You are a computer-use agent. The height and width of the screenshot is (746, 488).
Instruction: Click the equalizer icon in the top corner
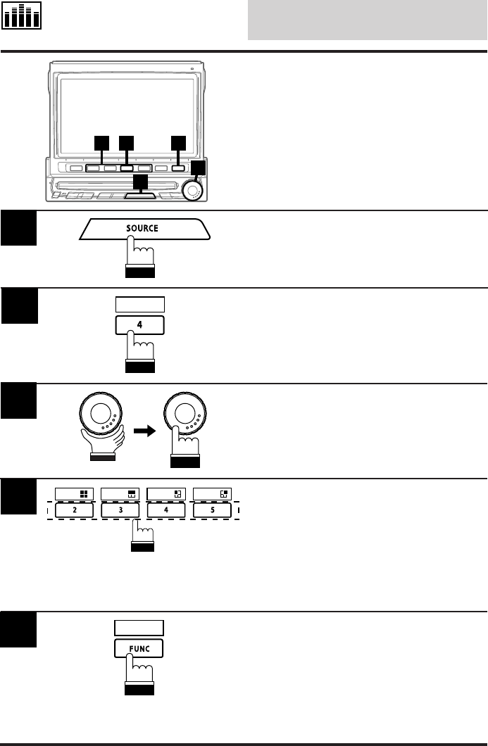(x=21, y=16)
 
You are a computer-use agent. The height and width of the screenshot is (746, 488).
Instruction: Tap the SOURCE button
(x=143, y=229)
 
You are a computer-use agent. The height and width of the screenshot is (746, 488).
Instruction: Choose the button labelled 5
(x=212, y=509)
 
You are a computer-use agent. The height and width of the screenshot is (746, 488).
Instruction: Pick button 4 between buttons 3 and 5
(x=165, y=509)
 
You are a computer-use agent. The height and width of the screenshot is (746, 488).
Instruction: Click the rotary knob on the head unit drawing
(x=191, y=190)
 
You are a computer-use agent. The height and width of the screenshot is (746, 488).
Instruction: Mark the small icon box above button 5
(x=212, y=493)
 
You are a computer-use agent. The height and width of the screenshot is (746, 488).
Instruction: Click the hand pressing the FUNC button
(x=139, y=672)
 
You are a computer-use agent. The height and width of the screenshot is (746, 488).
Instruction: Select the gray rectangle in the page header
(x=367, y=20)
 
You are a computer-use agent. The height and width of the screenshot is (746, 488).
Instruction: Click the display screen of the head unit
(x=127, y=106)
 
